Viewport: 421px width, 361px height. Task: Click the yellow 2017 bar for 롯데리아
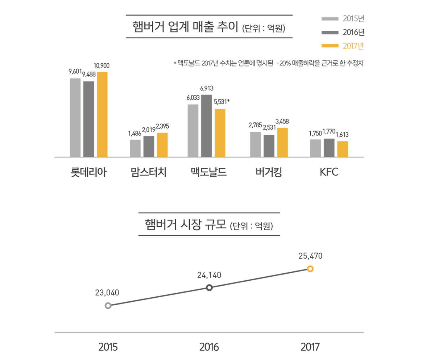click(102, 114)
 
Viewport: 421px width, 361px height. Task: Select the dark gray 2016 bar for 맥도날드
click(206, 126)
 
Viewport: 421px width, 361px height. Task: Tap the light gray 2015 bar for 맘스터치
click(135, 148)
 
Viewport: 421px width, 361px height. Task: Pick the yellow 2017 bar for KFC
click(343, 149)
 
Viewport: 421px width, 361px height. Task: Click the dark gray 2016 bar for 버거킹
click(269, 146)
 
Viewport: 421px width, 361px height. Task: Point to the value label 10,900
click(102, 66)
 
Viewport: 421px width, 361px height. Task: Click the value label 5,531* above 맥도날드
click(222, 102)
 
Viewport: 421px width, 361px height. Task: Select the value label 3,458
click(282, 122)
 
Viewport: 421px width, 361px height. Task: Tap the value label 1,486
click(135, 133)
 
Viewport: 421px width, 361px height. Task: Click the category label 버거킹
click(268, 172)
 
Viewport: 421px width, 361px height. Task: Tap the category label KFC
click(329, 172)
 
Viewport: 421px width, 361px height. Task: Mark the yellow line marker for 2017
click(310, 269)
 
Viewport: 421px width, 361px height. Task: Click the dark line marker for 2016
click(209, 288)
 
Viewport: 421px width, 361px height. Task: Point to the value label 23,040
click(107, 293)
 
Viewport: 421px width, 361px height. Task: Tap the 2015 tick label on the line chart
click(108, 347)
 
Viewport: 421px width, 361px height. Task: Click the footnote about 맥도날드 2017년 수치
click(268, 63)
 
